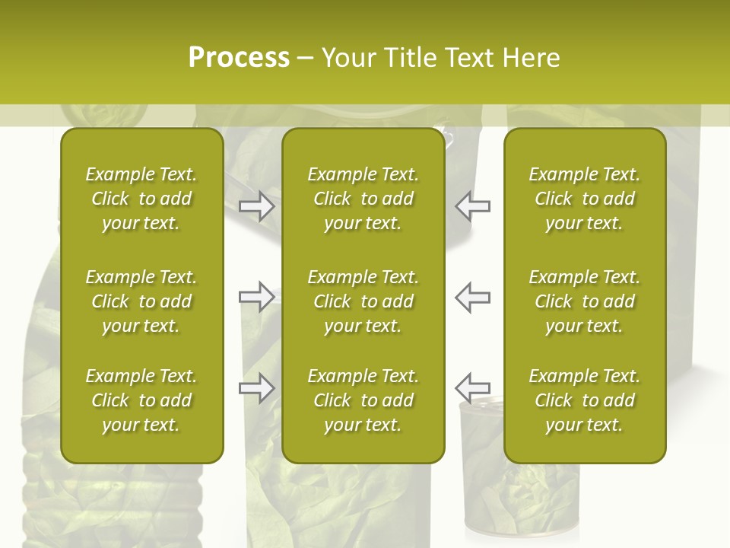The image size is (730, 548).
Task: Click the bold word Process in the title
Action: pos(239,58)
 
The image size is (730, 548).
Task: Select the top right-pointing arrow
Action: pos(257,206)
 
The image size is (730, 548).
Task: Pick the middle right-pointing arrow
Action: pos(257,297)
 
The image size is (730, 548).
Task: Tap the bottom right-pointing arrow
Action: pos(257,388)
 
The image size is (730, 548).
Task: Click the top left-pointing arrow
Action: pos(472,206)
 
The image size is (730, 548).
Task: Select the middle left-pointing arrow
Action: pos(472,297)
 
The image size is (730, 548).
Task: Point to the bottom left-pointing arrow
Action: pos(472,388)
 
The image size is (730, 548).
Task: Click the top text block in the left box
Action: pos(141,199)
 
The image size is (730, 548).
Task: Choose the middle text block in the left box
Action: pos(141,301)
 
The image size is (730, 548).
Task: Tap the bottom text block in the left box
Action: pos(141,400)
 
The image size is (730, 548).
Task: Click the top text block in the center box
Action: pos(363,199)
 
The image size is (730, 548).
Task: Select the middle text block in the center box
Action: pos(363,301)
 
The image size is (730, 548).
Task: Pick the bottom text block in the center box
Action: pos(363,400)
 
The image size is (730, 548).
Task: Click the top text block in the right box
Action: pos(584,199)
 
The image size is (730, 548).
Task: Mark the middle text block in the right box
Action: pos(584,301)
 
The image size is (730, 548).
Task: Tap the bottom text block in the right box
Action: pos(584,400)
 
